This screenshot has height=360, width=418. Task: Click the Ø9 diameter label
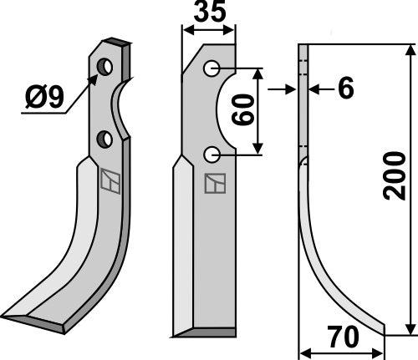click(x=44, y=97)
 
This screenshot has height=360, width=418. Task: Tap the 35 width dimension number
click(x=210, y=12)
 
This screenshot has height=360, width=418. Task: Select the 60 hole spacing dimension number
click(x=243, y=109)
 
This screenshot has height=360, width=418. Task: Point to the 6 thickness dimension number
click(x=345, y=89)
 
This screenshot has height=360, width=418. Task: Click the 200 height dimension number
click(x=395, y=176)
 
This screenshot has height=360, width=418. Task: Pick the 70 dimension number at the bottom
click(x=343, y=337)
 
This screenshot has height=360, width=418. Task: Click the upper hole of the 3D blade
click(x=104, y=67)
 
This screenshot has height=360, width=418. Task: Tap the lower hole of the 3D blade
click(x=104, y=139)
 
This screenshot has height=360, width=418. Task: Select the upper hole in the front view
click(x=212, y=68)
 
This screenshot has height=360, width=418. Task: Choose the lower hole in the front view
click(x=212, y=155)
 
